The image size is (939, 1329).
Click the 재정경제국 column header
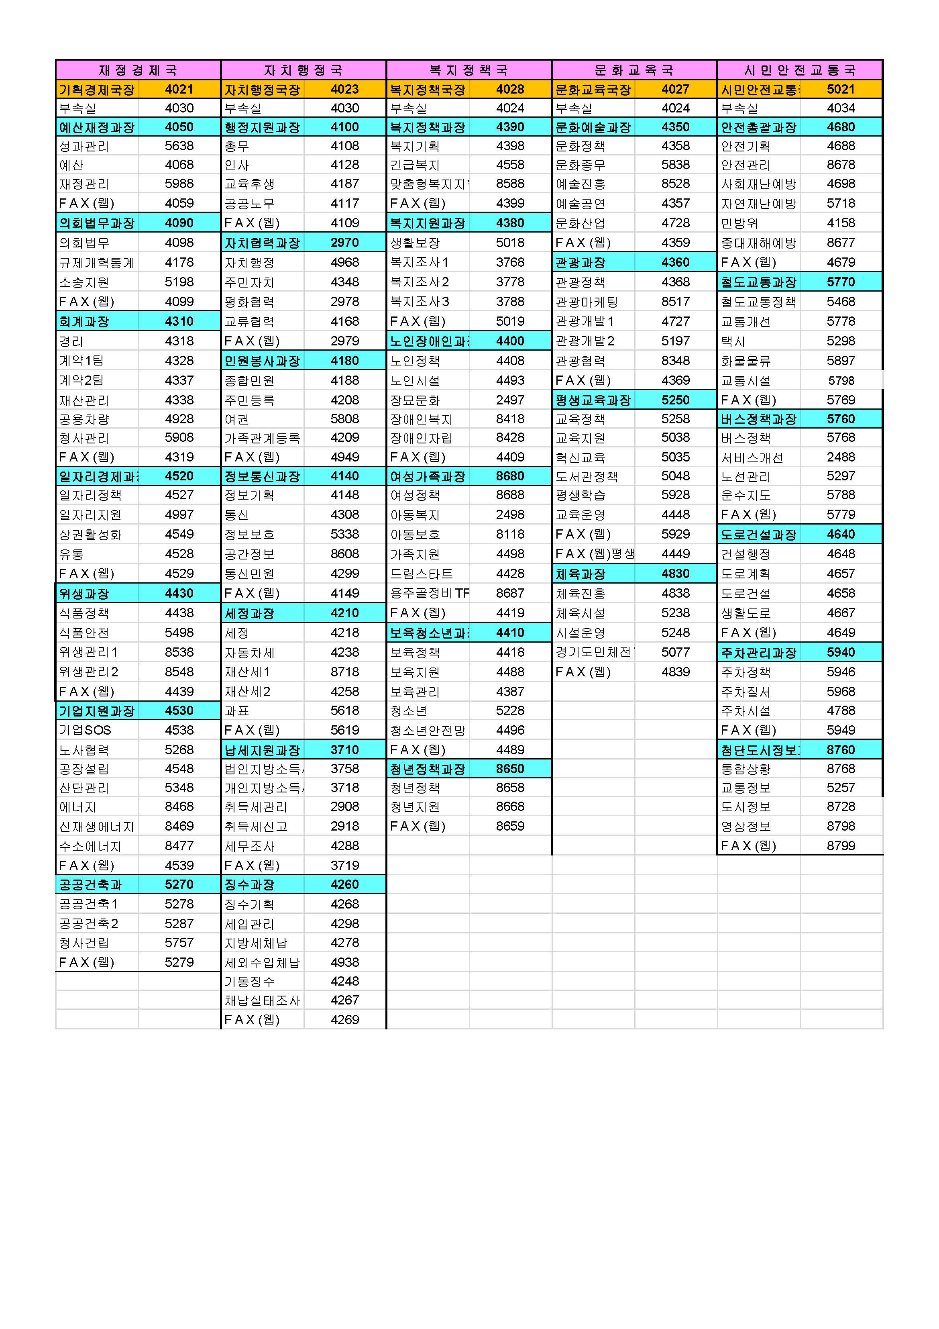[138, 70]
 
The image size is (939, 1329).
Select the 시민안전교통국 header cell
[800, 70]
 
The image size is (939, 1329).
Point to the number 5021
[841, 89]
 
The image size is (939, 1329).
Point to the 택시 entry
[733, 341]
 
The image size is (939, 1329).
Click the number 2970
[345, 243]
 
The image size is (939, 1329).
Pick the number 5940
[841, 652]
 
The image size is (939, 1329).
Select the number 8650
[510, 769]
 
